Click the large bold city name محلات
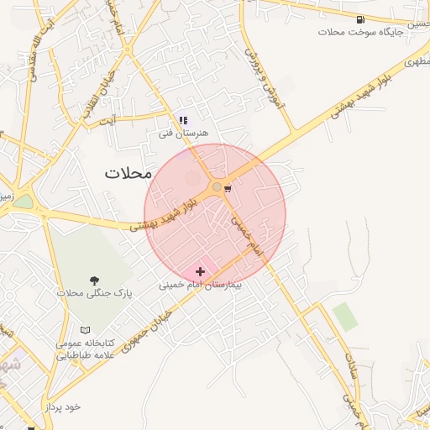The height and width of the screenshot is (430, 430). [x=128, y=173]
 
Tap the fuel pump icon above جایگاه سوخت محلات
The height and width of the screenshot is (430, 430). [x=360, y=18]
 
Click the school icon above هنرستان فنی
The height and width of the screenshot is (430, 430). [x=183, y=121]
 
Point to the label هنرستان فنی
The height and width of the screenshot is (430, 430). [x=183, y=134]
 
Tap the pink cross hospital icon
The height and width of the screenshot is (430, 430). [x=200, y=271]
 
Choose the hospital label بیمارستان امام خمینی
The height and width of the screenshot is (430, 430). [x=200, y=286]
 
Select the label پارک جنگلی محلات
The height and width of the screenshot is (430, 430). [x=95, y=293]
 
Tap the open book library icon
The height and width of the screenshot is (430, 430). [x=85, y=330]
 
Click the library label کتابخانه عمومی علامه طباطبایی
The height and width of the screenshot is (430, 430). [x=85, y=349]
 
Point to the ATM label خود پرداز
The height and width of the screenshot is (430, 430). [x=64, y=406]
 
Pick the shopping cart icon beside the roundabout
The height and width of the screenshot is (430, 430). [x=228, y=188]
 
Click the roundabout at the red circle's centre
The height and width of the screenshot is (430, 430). [x=217, y=186]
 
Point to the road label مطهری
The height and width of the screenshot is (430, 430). [x=415, y=61]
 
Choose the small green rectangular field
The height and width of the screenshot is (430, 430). [x=344, y=316]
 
